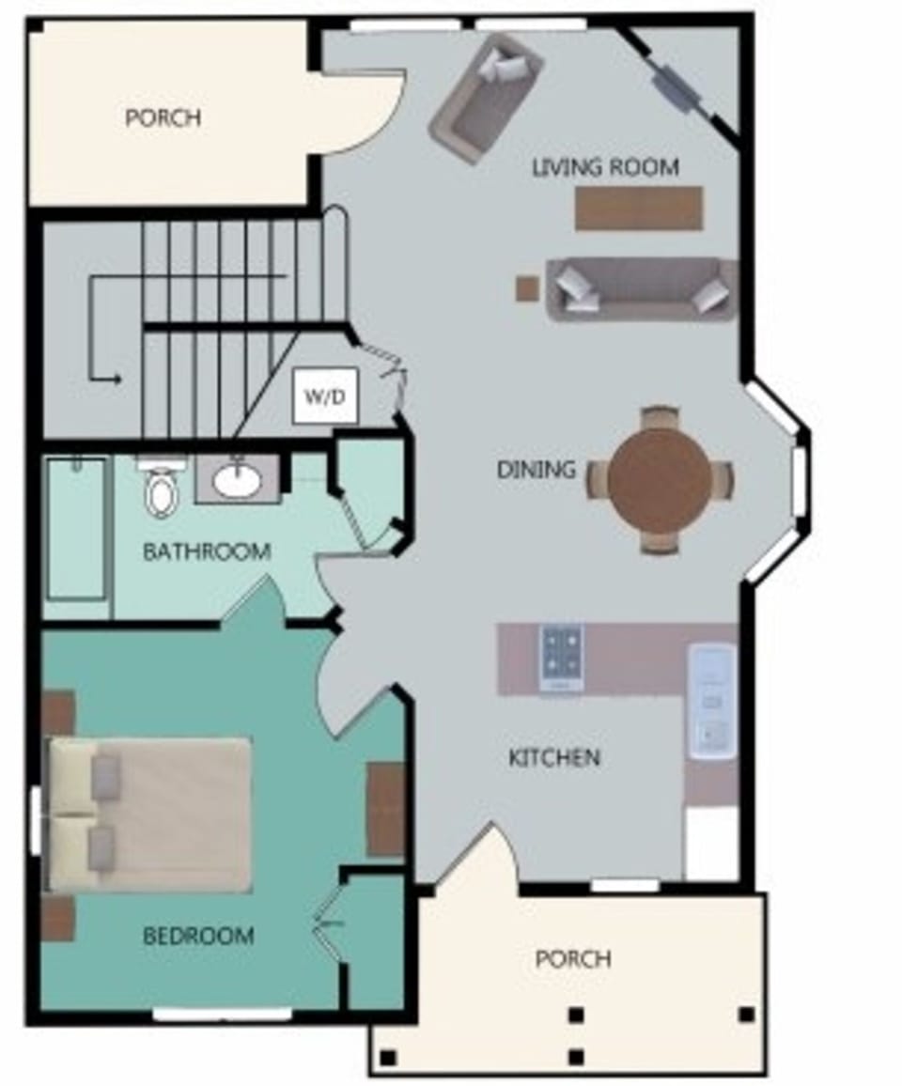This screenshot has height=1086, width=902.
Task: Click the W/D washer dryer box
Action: [324, 396]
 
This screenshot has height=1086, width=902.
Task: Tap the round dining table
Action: [660, 478]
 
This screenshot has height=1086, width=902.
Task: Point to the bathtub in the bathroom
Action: [76, 528]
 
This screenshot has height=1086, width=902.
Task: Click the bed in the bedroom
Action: [150, 814]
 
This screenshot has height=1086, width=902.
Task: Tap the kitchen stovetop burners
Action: [561, 651]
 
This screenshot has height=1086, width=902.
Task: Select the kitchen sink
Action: [711, 700]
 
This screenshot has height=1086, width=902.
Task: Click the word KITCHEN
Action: [554, 757]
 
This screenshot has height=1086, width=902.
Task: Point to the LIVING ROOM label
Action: [605, 168]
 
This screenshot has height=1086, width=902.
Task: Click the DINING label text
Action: [537, 469]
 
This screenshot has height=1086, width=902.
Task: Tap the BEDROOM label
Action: [198, 936]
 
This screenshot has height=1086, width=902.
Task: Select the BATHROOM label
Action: [207, 551]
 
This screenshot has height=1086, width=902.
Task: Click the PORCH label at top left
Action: [163, 118]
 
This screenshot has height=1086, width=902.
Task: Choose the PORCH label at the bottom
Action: [573, 959]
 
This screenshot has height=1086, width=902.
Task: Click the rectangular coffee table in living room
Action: [639, 209]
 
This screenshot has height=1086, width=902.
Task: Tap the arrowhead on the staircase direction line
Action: [117, 379]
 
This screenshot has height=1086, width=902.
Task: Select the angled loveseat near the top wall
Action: [486, 98]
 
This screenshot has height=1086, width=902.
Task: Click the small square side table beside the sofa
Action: [527, 287]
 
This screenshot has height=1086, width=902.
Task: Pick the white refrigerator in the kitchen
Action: [711, 843]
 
